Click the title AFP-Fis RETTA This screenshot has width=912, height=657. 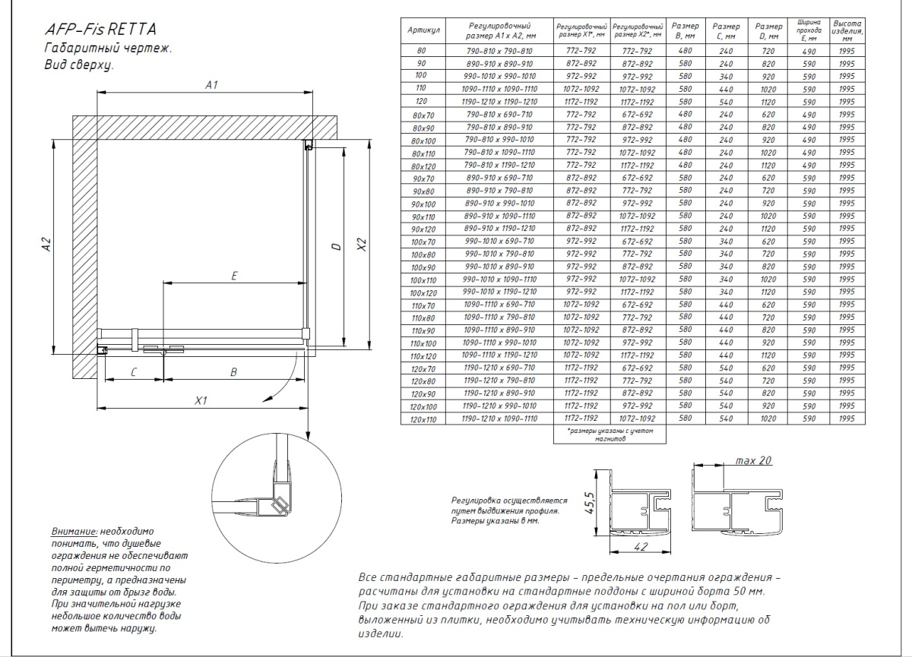(x=100, y=31)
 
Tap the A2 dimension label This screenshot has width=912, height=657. (x=47, y=245)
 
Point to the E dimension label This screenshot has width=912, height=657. (x=235, y=276)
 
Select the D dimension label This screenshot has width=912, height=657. (x=334, y=246)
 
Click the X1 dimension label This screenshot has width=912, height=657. (x=201, y=400)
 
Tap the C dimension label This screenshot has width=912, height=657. (x=133, y=372)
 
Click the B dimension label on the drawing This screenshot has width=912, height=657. (x=234, y=372)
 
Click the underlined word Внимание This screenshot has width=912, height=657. (x=74, y=532)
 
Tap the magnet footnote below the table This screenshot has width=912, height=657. (x=609, y=435)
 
